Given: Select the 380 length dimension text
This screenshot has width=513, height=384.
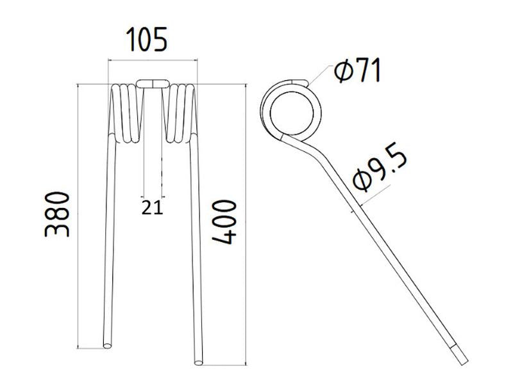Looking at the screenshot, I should point(59,214).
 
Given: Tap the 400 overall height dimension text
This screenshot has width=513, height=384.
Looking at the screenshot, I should point(224,221).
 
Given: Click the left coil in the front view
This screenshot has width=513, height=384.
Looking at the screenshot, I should point(125,112).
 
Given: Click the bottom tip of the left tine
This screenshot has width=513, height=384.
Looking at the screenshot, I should point(106,344).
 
